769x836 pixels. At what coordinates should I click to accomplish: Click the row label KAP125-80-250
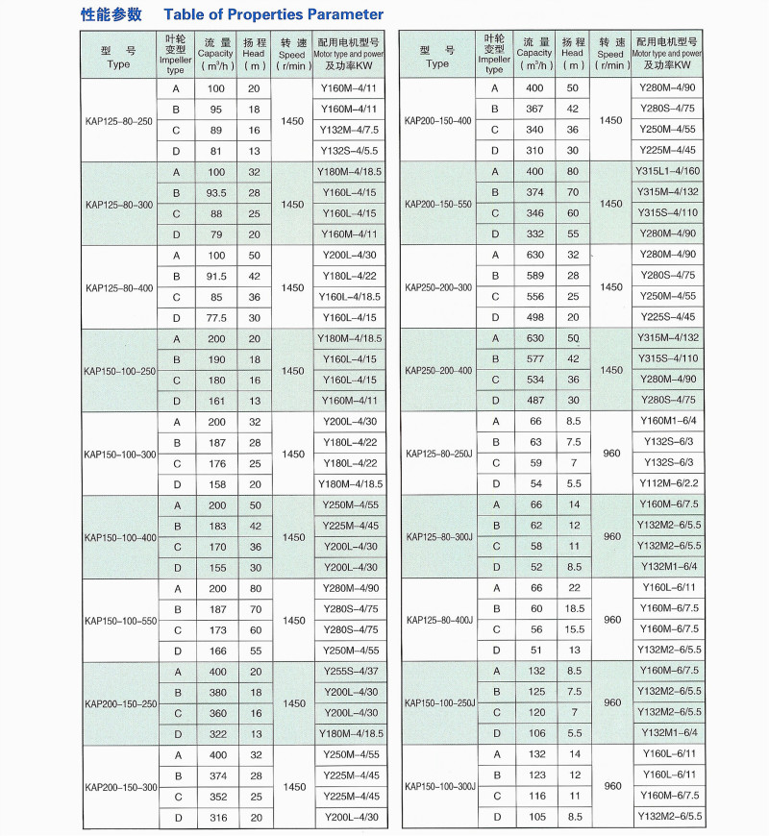coord(118,121)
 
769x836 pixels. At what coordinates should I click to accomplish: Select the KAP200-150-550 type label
coord(438,204)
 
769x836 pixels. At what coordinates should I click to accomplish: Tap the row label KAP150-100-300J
coord(440,786)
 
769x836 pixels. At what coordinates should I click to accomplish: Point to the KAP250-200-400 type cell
coord(438,370)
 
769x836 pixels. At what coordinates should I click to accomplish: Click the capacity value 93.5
coord(215,192)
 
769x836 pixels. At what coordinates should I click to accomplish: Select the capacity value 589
coord(534,276)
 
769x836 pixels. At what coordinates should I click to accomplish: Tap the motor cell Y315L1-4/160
coord(667,171)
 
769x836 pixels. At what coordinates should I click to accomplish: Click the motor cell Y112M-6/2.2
coord(667,482)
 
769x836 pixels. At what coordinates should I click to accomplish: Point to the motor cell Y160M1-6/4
coord(667,420)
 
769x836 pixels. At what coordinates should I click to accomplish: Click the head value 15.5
coord(574,628)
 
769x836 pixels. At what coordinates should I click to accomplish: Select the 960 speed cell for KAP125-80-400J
coord(612,619)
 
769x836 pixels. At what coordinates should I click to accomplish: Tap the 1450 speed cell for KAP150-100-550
coord(293,620)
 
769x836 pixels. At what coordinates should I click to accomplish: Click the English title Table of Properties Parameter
coord(274,14)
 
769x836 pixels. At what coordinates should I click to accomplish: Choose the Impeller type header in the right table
coord(494,54)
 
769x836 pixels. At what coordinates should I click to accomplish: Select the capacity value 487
coord(534,401)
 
